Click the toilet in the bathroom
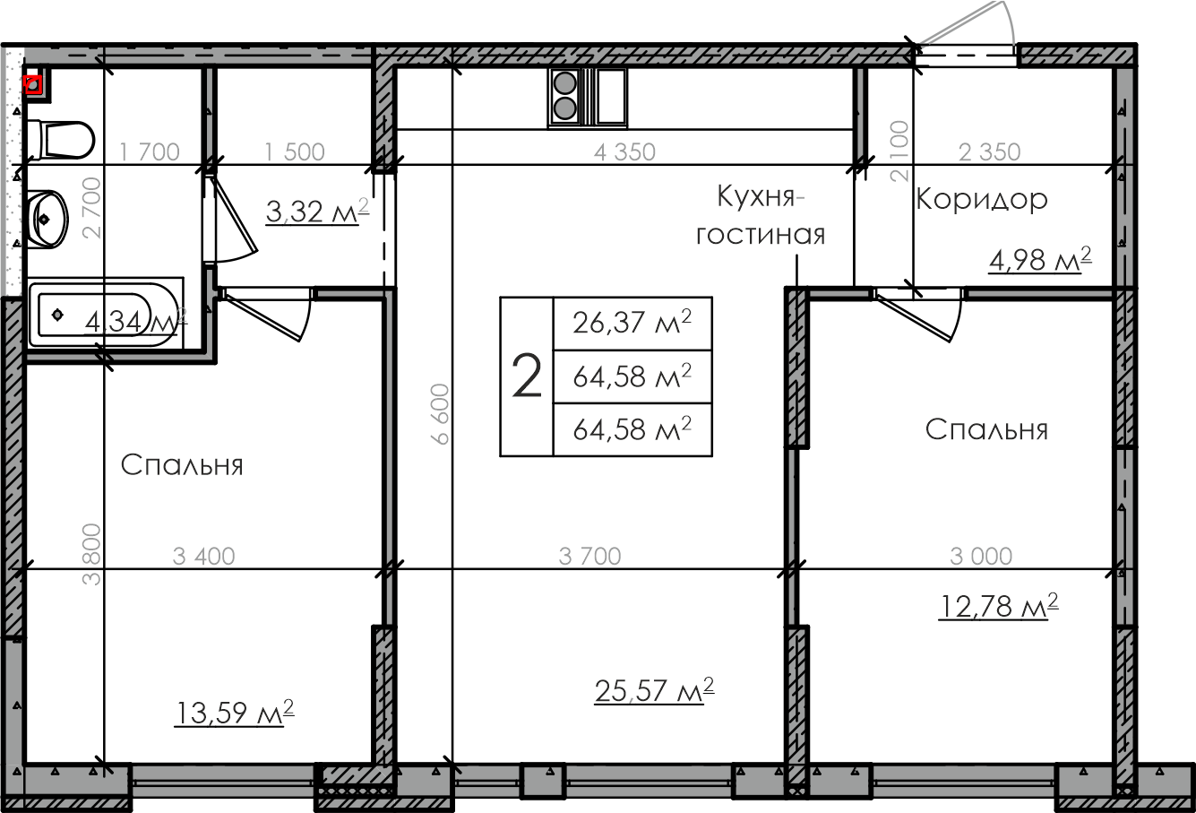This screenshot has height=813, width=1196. tap(60, 141)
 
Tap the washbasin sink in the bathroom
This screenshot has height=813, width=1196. tap(47, 219)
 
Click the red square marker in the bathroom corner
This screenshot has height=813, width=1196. tap(33, 84)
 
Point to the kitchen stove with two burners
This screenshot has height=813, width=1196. tap(566, 98)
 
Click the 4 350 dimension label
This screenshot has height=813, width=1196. tap(624, 152)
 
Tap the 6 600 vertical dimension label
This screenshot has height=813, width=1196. tap(441, 414)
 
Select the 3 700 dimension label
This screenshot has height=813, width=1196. tap(590, 557)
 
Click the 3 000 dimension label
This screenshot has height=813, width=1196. tap(981, 557)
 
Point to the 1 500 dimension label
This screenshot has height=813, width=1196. tap(295, 152)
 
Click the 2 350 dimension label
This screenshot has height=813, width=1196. tap(989, 152)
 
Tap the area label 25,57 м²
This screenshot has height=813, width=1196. tap(654, 690)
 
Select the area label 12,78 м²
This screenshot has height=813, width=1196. tap(998, 606)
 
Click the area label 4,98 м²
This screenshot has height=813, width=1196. tap(1040, 260)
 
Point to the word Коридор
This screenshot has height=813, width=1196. tap(982, 200)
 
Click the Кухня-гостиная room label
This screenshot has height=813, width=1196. tap(761, 216)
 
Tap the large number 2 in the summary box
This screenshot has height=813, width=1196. tap(527, 376)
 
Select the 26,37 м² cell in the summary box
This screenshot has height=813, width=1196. tap(632, 323)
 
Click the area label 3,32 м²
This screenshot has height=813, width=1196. tap(317, 211)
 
